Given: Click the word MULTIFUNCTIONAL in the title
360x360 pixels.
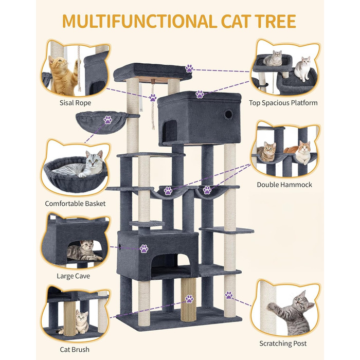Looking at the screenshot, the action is [139, 22].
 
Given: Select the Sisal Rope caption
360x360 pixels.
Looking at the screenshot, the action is [75, 103].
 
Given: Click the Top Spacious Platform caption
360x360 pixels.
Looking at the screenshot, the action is [283, 103].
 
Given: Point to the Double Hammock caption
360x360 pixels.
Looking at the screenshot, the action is [284, 185].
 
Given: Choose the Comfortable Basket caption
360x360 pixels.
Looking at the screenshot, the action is [75, 204].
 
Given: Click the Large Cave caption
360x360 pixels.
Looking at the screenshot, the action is [73, 276].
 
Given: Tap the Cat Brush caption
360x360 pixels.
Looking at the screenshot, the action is [75, 349].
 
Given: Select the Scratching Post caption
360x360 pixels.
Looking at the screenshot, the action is [283, 344].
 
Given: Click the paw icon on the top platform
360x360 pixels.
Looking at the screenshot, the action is [189, 68].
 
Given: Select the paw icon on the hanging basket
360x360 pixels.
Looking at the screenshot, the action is [107, 120].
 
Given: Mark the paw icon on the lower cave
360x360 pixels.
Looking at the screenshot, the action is [144, 248].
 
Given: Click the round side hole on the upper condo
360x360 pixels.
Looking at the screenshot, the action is [228, 114].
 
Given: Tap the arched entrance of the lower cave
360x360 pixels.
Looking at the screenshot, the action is [172, 264].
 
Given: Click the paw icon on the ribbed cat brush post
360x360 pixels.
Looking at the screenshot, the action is [189, 299].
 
